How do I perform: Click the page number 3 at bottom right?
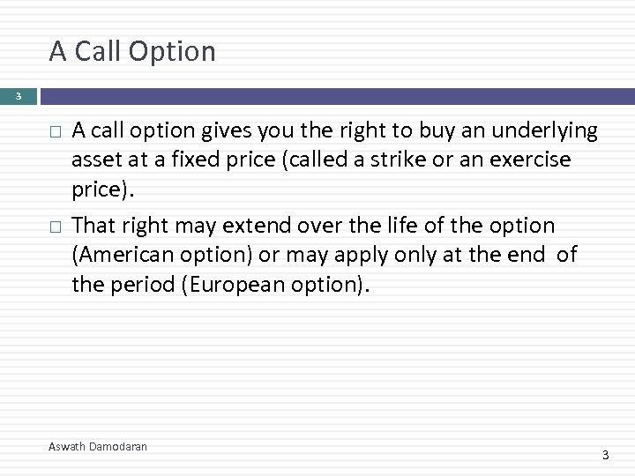coord(605,455)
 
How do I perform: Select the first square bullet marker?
coord(55,132)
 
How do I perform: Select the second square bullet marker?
coord(55,227)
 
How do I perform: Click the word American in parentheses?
coord(126,255)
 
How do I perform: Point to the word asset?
coord(96,161)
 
